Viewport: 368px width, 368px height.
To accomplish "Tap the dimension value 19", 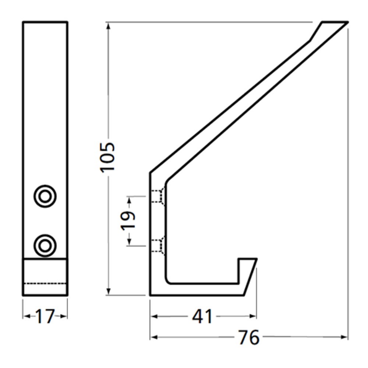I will point(128,221).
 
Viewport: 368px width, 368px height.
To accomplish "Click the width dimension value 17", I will point(45,317).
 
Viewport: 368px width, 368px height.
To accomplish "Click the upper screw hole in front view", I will point(44,195).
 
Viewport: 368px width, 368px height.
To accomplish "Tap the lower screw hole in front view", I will point(44,244).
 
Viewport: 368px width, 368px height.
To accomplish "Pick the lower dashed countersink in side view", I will point(158,245).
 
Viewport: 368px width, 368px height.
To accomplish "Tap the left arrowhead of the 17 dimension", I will point(26,317).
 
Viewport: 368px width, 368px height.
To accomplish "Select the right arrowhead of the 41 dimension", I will point(253,317).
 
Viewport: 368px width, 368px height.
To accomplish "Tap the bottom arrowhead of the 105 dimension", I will point(108,293).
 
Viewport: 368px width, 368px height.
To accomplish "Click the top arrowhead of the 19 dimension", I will point(128,199).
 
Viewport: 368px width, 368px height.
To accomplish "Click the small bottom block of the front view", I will point(45,277).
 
